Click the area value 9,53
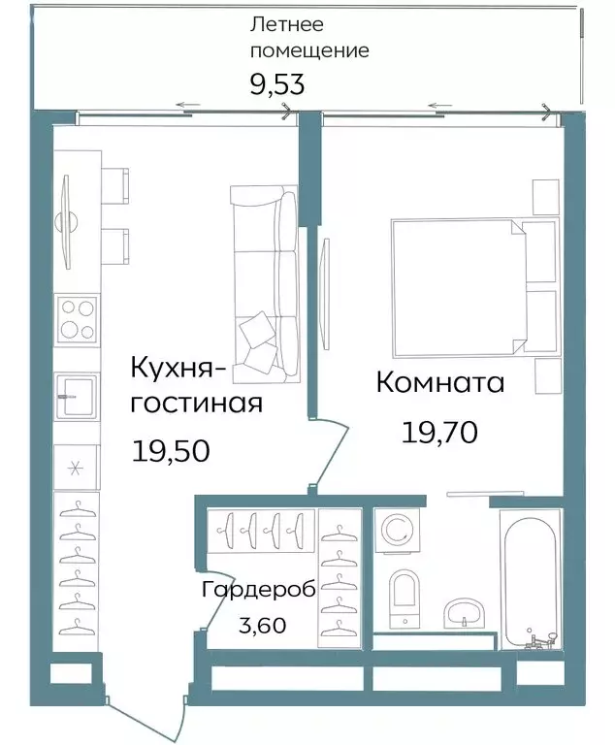(277, 84)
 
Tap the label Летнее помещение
(308, 37)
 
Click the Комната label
(439, 383)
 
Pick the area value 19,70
(439, 432)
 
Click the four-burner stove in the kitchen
(78, 319)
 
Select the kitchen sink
(77, 396)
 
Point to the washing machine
(398, 531)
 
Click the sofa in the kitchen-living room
(265, 278)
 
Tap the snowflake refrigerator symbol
(77, 467)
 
